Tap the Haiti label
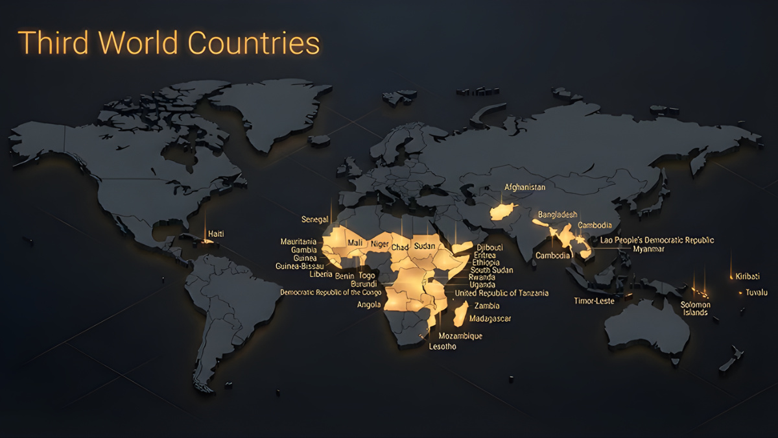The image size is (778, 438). coord(216,234)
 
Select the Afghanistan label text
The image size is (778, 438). coord(525,188)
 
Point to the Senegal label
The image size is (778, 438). coord(315,219)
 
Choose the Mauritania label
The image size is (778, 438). coord(298,242)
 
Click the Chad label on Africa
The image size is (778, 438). coord(400,247)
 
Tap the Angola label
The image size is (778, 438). coord(369,304)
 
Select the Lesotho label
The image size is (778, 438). coord(443,347)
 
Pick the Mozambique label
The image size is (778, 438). coord(460,336)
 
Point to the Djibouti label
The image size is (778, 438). coord(489,247)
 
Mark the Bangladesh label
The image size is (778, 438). coord(558,215)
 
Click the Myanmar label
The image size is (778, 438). coord(648,249)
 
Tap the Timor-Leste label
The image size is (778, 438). coord(594,301)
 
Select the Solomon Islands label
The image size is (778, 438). coord(695,308)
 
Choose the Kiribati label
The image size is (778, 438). coord(747,276)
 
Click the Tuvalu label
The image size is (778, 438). coord(756,293)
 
